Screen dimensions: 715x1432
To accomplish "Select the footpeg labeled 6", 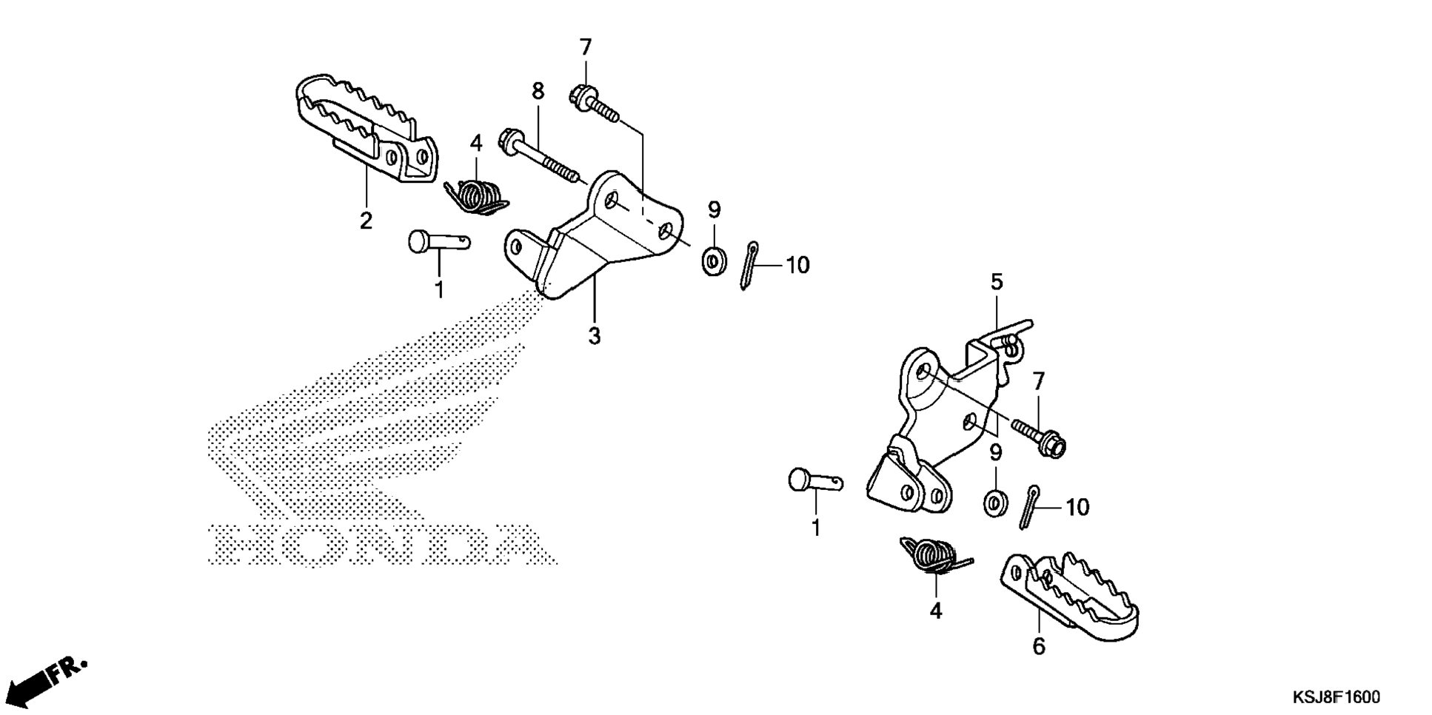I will pyautogui.click(x=1069, y=592).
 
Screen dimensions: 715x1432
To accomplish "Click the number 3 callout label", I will pyautogui.click(x=594, y=336).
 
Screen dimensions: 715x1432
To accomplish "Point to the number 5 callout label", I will pyautogui.click(x=997, y=282).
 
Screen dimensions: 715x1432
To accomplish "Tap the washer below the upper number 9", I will pyautogui.click(x=714, y=261).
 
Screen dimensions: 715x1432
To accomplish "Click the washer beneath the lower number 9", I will pyautogui.click(x=995, y=503).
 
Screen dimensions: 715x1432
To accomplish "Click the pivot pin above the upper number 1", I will pyautogui.click(x=438, y=241).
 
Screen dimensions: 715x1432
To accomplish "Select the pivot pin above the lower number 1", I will pyautogui.click(x=814, y=481).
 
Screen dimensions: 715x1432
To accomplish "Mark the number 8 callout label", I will pyautogui.click(x=538, y=91).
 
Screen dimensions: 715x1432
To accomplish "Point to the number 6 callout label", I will pyautogui.click(x=1039, y=646).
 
